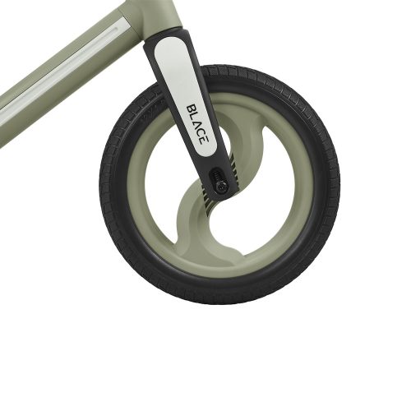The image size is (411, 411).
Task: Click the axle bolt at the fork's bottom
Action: (221, 186)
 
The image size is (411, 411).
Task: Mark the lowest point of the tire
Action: (220, 303)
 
